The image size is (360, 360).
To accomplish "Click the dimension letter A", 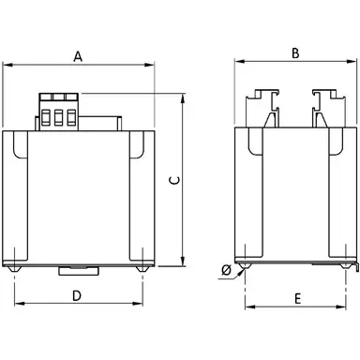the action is pos(78,56).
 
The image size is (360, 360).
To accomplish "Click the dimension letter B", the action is pos(295,53).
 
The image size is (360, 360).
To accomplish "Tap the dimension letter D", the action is pos(77,295).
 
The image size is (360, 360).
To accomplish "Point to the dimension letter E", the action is pos(298,299).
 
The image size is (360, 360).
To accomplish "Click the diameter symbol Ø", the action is pos(226,270).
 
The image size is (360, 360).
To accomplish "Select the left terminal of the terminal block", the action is pos(45,117).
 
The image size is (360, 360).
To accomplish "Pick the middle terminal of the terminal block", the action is pos(58,117).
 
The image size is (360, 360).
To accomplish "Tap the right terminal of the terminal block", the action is pos(71,117).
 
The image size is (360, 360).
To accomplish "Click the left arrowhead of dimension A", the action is pos(7,65).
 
